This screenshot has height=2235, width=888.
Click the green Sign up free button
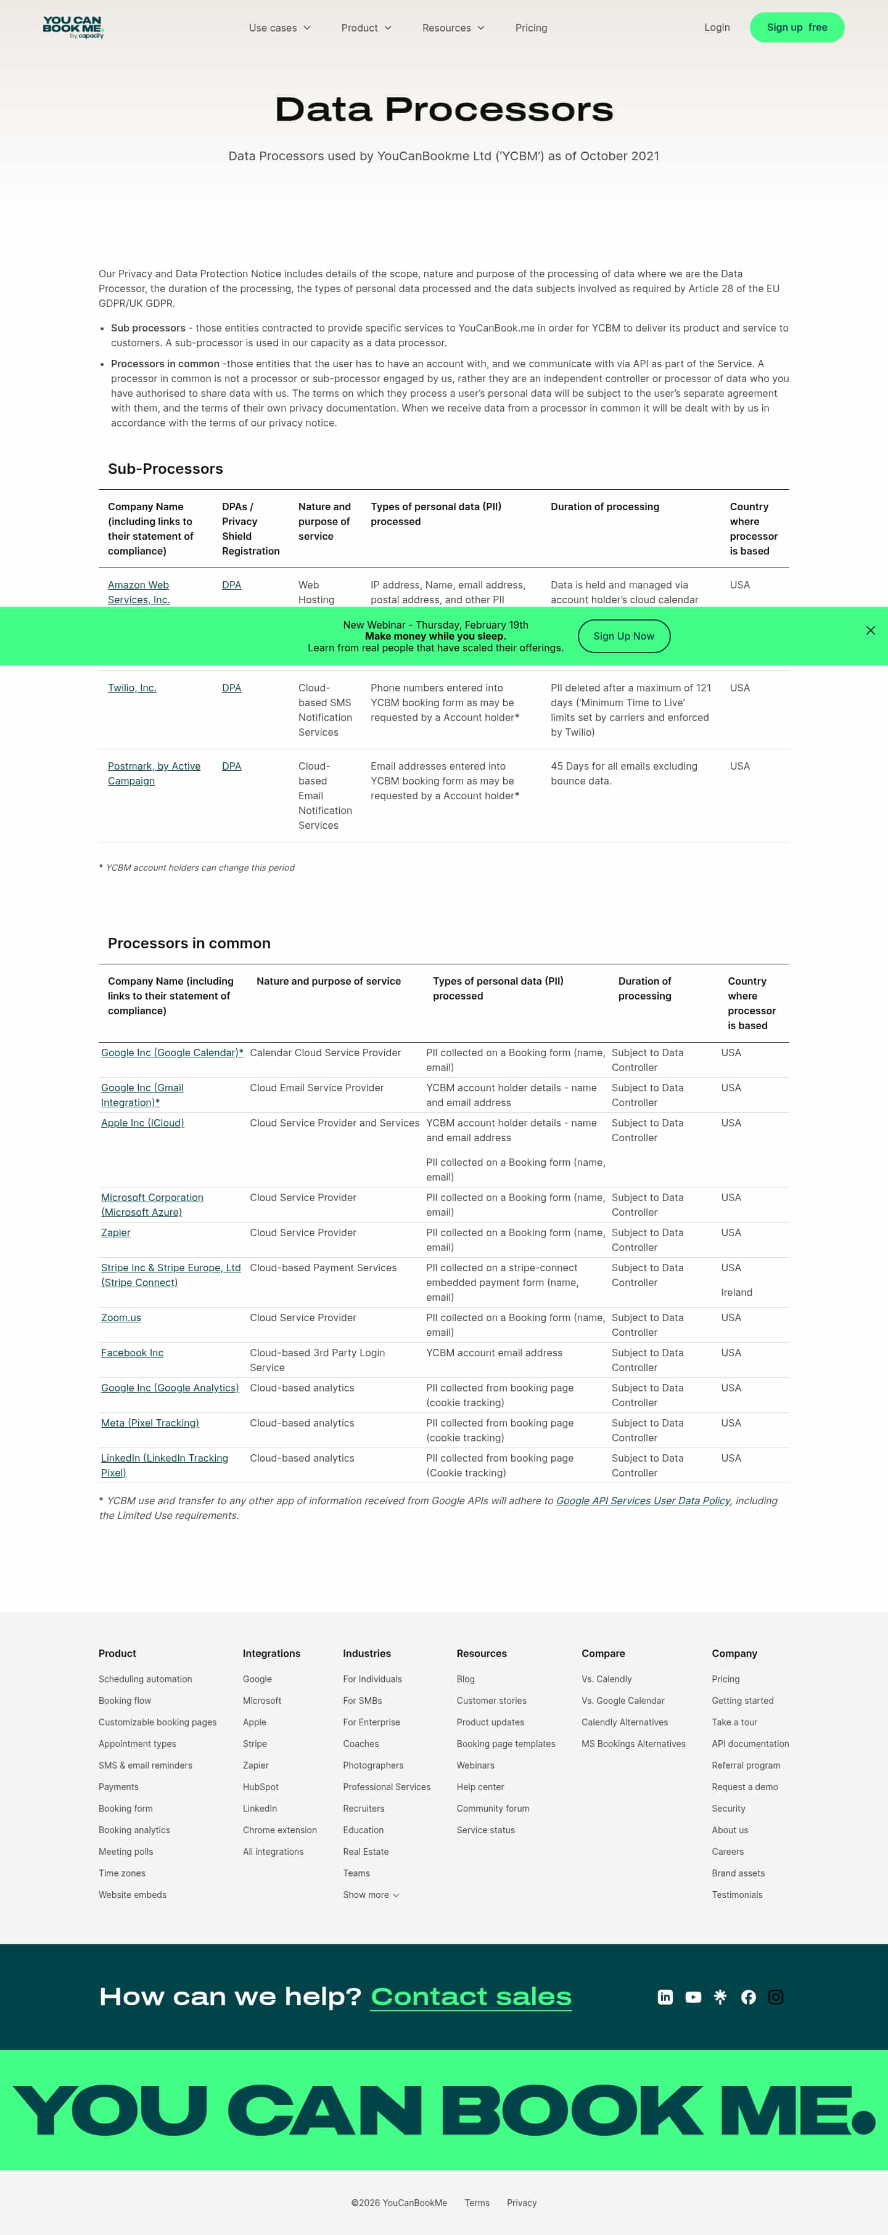(796, 28)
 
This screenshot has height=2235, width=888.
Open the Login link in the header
(716, 28)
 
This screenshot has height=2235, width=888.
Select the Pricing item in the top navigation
(530, 28)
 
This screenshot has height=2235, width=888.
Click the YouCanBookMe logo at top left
(73, 27)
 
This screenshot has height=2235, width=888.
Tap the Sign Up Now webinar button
(623, 636)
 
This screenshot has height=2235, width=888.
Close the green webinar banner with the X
(869, 631)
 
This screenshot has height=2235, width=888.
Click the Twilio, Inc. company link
(132, 688)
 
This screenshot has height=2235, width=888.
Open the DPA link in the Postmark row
(231, 766)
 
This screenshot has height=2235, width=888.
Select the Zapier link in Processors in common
(115, 1233)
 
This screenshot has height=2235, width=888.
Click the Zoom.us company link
(121, 1318)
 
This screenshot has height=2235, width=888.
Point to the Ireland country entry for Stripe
(736, 1293)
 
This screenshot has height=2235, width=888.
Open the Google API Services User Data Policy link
(643, 1501)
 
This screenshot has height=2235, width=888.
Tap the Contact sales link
(471, 1997)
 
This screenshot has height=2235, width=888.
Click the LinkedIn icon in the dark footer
(665, 1997)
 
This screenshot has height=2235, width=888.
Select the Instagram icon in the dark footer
(775, 1997)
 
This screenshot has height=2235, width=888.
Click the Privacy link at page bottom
(521, 2203)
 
